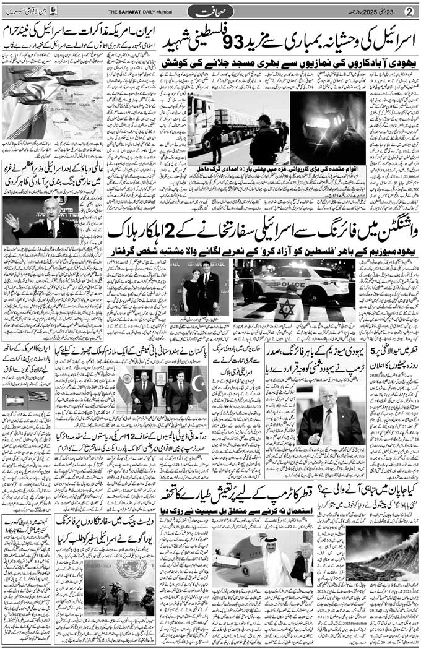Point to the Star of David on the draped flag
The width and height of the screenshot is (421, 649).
tap(285, 307)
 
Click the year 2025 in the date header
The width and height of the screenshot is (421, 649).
tap(368, 11)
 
